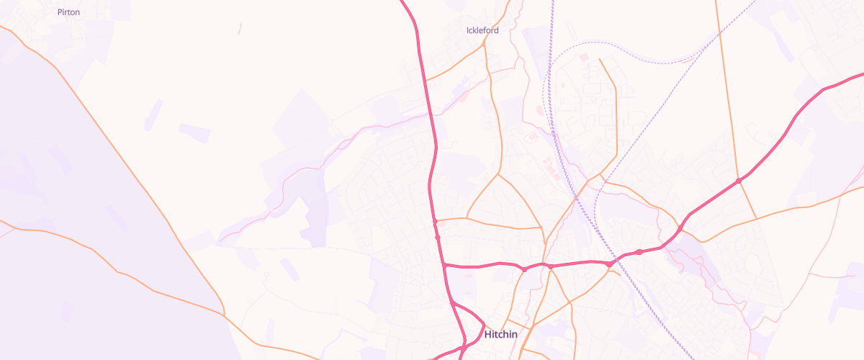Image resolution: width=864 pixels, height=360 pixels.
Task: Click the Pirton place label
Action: coord(68,12)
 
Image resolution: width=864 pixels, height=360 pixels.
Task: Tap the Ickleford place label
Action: coord(482,30)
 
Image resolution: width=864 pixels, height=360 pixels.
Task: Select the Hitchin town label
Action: coord(501,335)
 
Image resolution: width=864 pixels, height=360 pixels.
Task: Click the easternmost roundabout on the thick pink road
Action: coord(739,180)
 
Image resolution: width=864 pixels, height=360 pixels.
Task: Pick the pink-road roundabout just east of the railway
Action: coord(639,251)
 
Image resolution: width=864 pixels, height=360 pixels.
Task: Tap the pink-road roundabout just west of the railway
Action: coord(609,264)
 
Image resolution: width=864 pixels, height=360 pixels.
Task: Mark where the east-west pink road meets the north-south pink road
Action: coord(444,266)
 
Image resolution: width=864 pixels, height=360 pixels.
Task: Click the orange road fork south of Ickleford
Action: coord(498,173)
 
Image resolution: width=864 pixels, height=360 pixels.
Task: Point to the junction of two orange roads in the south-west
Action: coord(224,315)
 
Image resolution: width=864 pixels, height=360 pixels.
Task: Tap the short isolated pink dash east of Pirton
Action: coord(240,28)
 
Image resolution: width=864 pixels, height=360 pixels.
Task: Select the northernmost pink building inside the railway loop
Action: coord(583,57)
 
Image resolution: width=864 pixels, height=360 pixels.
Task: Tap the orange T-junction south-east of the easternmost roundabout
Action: coord(756,217)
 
